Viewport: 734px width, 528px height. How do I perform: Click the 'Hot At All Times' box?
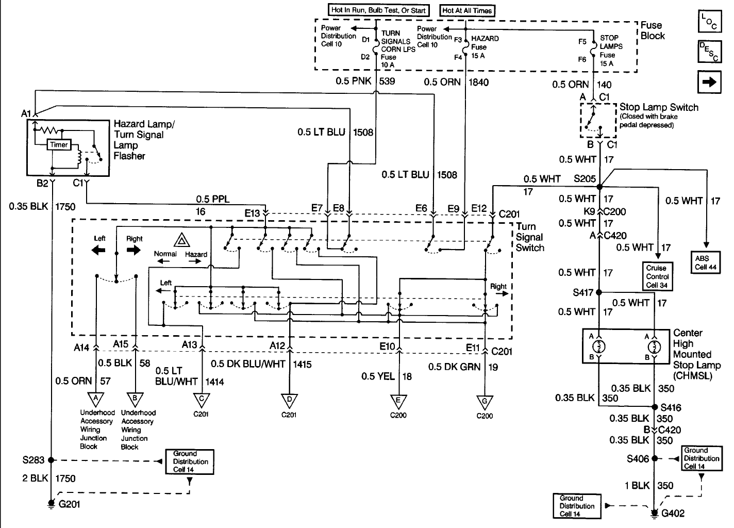[x=467, y=10]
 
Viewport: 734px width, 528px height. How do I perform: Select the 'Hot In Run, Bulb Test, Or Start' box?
[x=378, y=10]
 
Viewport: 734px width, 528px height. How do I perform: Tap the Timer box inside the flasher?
[x=59, y=144]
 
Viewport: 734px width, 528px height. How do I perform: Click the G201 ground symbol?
[x=51, y=504]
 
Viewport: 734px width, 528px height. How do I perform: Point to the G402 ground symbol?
[x=655, y=513]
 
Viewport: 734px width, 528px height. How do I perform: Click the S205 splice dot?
[x=599, y=187]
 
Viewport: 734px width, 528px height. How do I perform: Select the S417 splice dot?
[x=599, y=292]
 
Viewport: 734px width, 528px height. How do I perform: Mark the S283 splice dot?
[x=51, y=460]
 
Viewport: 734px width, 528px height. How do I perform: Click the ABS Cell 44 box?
[x=706, y=262]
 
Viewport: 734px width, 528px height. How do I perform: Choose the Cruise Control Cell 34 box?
[x=658, y=276]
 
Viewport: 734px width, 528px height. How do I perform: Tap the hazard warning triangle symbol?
[x=181, y=240]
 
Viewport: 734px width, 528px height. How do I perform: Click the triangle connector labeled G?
[x=485, y=402]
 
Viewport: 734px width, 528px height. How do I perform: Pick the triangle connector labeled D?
[x=289, y=400]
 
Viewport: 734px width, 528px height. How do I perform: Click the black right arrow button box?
[x=709, y=82]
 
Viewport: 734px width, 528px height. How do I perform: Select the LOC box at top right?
[x=710, y=21]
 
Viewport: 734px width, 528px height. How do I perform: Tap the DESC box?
[x=710, y=52]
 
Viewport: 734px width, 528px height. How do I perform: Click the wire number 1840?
[x=478, y=82]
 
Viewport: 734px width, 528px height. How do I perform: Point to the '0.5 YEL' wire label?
[x=378, y=376]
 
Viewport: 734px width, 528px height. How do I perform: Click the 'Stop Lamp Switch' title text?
[x=659, y=107]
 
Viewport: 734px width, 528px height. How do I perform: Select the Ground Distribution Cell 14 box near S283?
[x=190, y=462]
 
